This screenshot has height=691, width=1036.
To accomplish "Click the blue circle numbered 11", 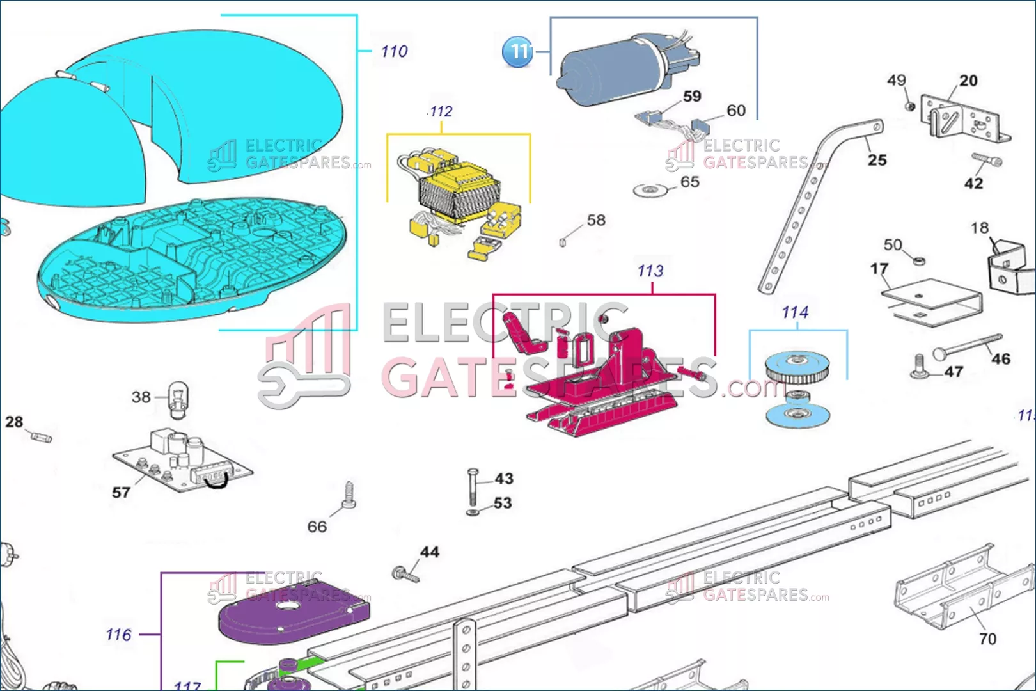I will (517, 51).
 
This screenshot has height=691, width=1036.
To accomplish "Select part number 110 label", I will (394, 51).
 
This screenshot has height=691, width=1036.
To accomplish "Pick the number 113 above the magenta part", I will (650, 271).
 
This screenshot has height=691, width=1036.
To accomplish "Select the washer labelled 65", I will (650, 190).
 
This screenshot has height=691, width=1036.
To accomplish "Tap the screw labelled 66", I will (349, 496).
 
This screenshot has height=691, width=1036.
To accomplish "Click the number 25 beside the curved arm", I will (877, 160).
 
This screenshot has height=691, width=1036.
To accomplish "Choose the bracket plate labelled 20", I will (962, 119).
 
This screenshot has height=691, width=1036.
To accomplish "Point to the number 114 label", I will (795, 312).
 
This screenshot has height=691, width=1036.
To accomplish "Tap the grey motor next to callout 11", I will (614, 70).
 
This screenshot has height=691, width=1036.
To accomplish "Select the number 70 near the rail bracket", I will (987, 639).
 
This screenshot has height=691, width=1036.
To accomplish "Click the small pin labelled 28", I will (41, 438).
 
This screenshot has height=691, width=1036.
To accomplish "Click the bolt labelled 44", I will (404, 574).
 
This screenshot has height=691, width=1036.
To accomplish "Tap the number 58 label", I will (596, 220).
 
